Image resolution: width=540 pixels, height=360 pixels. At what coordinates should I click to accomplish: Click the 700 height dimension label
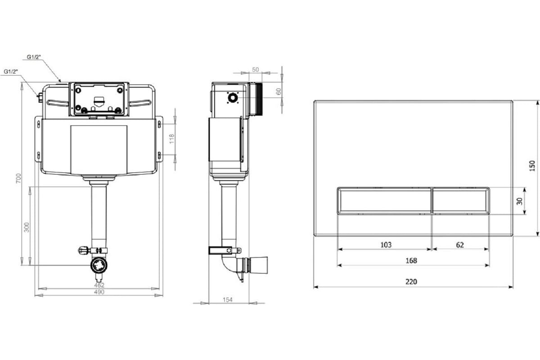point(18,178)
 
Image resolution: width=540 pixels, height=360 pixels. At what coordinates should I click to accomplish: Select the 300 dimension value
point(27,227)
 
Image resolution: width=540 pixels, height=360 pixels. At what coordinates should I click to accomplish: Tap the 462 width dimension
point(99,285)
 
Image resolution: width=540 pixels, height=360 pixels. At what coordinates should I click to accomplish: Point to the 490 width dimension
point(99,292)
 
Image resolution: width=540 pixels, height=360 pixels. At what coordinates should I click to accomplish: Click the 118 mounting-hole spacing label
point(171,139)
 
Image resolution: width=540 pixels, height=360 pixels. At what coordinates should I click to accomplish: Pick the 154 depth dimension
point(228,300)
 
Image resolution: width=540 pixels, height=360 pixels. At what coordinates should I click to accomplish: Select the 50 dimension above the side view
point(255,70)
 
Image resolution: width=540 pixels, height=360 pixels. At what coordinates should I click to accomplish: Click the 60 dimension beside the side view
point(279,92)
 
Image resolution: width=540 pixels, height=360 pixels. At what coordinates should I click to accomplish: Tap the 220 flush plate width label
point(411,282)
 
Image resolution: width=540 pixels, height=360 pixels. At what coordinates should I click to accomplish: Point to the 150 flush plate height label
point(532,166)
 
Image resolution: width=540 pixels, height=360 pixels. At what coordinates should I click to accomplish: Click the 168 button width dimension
point(411,261)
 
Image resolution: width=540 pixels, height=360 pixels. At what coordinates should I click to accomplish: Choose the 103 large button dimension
point(386,245)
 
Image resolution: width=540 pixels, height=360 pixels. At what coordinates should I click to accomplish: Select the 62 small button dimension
point(460,245)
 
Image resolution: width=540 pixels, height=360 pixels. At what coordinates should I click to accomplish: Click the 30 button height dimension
point(519,201)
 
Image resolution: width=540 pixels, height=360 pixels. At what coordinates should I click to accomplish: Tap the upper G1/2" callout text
point(34,57)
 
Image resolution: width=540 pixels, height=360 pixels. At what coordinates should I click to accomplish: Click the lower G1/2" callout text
point(11,72)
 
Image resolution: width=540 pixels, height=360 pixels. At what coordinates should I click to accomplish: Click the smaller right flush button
point(461,200)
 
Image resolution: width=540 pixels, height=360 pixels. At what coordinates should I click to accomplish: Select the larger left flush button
point(384,200)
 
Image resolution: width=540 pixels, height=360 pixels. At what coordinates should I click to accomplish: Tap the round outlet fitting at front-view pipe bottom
point(99,265)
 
